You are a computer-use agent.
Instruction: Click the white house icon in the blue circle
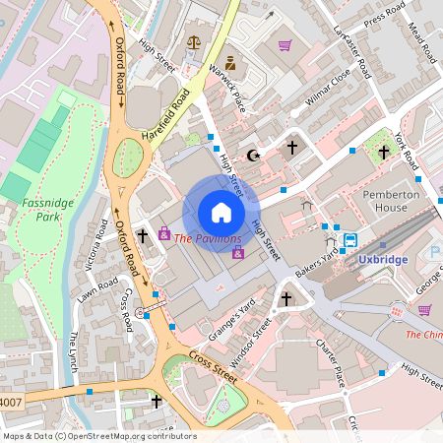tap(221, 213)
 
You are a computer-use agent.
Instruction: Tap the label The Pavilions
tap(208, 239)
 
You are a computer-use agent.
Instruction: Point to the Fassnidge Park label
tap(42, 213)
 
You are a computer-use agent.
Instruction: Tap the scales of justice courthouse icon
tap(193, 43)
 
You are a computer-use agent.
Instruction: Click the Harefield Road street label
tap(164, 116)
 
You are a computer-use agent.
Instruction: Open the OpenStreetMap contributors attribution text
tap(128, 435)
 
